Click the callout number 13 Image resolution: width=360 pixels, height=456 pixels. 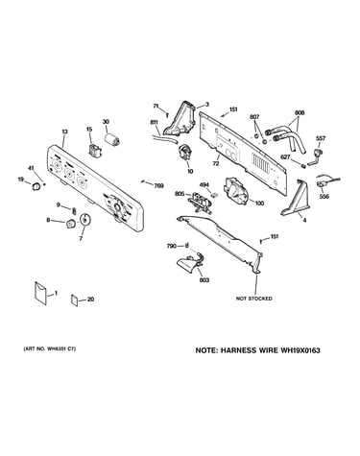64,132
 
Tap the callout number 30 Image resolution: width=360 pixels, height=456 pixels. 106,122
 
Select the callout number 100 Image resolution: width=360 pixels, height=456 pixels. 259,203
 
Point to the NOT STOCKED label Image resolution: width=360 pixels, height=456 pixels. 254,299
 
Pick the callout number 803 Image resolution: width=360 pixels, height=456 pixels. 204,280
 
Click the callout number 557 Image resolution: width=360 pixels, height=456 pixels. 321,138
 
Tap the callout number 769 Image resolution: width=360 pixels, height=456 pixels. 158,185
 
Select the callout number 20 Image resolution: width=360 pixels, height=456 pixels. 90,300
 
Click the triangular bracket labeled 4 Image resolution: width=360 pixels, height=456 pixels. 295,199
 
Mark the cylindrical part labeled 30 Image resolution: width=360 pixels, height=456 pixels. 112,140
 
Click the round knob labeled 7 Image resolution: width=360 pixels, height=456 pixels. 85,220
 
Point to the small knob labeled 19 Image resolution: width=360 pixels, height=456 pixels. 36,186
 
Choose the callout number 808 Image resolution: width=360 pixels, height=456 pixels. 300,113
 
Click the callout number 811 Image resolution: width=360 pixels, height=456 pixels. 154,122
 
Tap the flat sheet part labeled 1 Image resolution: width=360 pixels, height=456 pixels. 40,293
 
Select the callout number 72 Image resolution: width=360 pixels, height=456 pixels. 216,164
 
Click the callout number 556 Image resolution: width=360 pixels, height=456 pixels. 324,197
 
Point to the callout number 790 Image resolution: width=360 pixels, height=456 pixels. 171,246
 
